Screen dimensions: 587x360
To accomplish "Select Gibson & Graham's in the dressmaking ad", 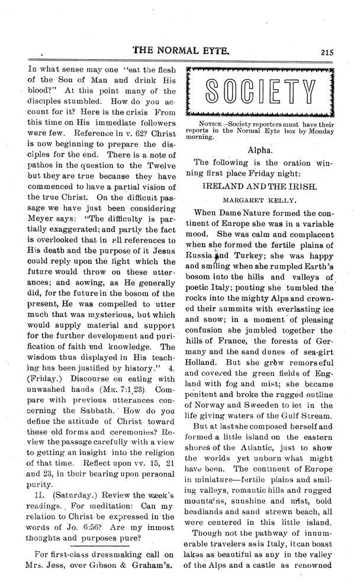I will [136, 575].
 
